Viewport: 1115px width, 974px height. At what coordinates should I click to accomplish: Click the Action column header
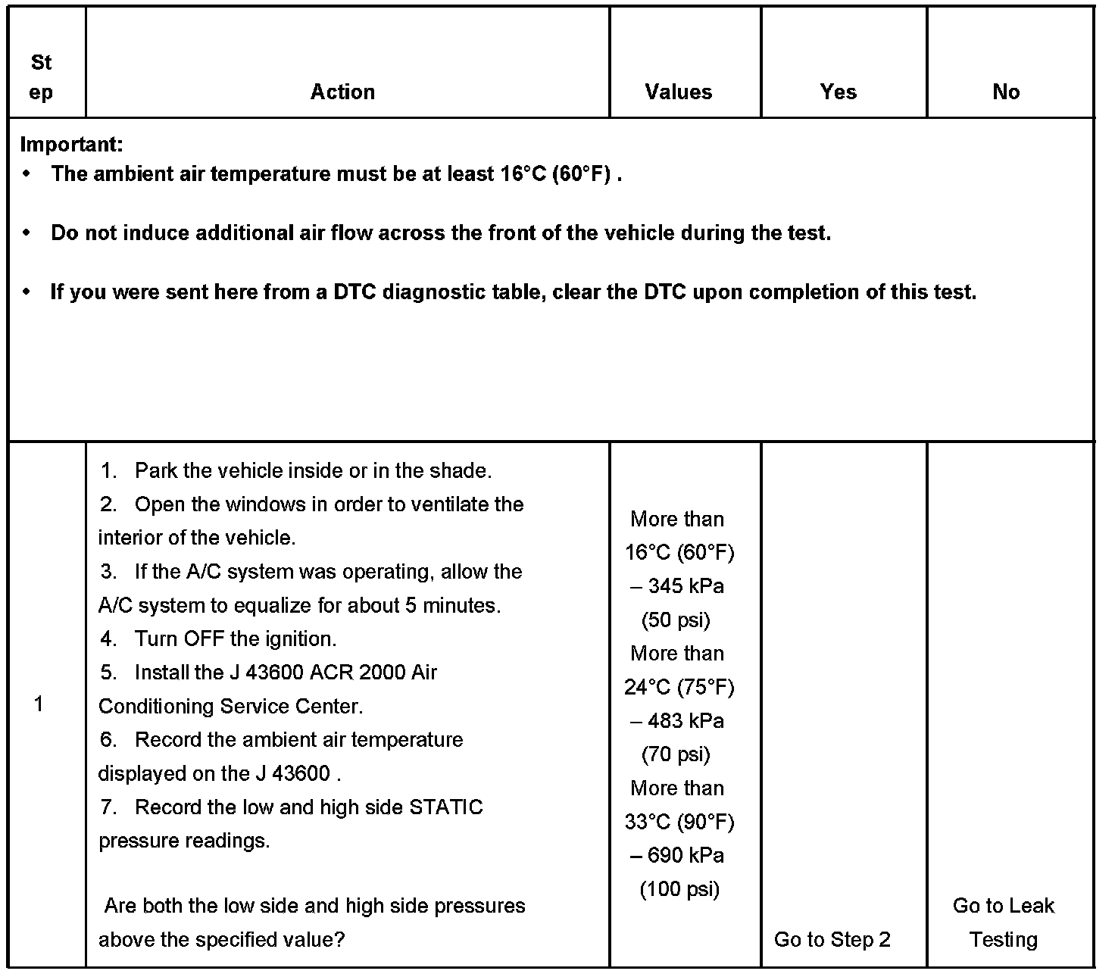pos(342,92)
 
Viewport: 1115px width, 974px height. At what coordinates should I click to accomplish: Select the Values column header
pos(678,92)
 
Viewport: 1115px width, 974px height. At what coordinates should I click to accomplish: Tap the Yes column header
pos(838,92)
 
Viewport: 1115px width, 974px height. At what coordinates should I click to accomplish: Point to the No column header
pos(1006,92)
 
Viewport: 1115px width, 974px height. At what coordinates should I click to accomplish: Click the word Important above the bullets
pos(71,144)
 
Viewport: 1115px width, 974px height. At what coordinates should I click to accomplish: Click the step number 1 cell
pos(39,704)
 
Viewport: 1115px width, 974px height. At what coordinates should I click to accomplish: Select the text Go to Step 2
pos(832,939)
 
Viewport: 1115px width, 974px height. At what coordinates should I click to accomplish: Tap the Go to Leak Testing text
pos(1003,922)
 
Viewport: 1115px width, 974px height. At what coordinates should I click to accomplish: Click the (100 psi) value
pos(679,888)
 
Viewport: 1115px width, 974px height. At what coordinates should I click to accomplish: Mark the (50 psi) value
pos(676,620)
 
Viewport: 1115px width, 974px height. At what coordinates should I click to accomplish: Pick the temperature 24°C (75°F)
pos(679,687)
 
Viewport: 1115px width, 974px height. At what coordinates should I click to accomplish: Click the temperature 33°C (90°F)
pos(679,822)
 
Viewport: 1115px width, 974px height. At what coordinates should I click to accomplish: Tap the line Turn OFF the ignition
pos(235,638)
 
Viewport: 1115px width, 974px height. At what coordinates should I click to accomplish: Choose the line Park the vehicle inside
pos(312,470)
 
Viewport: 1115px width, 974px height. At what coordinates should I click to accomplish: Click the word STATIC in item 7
pos(445,807)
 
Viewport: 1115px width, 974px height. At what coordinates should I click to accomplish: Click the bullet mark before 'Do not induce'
pos(28,233)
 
